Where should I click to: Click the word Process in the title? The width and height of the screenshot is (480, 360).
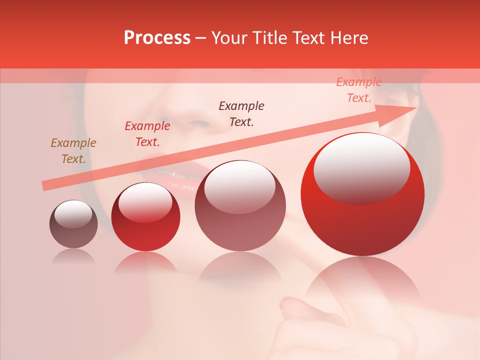tap(157, 38)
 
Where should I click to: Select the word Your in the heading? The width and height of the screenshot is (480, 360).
tap(230, 38)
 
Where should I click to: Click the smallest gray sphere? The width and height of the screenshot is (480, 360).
tap(73, 224)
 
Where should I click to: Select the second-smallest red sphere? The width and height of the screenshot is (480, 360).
tap(145, 217)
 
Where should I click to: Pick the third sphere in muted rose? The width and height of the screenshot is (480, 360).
tap(240, 206)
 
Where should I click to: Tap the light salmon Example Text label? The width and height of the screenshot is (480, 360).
tap(359, 90)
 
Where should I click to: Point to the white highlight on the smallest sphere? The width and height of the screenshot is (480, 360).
tap(73, 214)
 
